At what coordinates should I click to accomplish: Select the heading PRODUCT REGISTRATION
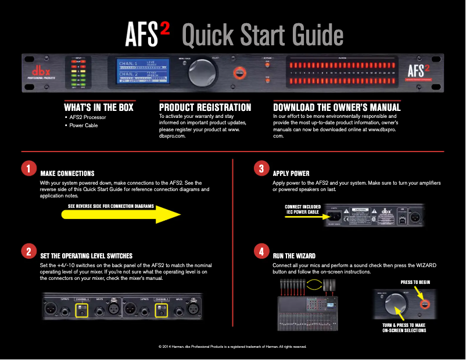tap(205, 107)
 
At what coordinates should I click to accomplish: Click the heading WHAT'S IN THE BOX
tap(99, 107)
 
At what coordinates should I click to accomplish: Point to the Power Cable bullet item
tap(83, 125)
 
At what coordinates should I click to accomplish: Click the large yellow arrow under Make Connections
tap(122, 214)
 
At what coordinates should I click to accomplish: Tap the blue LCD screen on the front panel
tap(142, 72)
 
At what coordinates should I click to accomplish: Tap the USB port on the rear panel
tap(403, 217)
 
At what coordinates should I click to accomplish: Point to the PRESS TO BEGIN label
tap(415, 282)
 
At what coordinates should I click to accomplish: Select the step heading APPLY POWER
tap(291, 173)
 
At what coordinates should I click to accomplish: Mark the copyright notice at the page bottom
tap(232, 347)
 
